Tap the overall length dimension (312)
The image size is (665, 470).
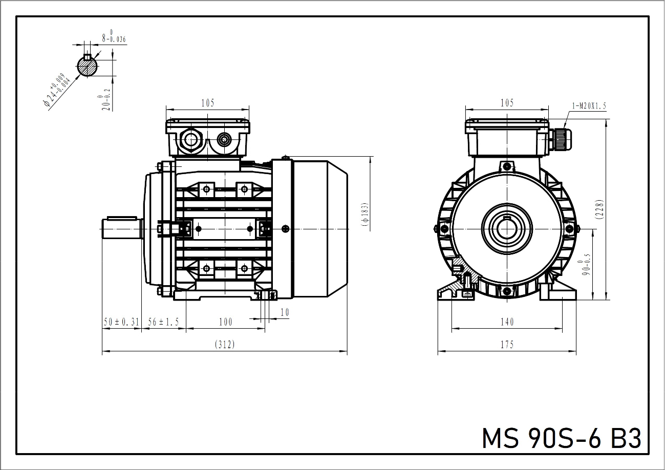click(x=225, y=344)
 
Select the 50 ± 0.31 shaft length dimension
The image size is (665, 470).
click(x=121, y=322)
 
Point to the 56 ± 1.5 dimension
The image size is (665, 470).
click(x=164, y=322)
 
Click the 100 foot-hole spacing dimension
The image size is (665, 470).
click(x=226, y=322)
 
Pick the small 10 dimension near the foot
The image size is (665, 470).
click(x=285, y=312)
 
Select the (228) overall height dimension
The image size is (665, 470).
click(x=599, y=209)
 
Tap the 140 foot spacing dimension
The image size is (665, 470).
click(x=507, y=322)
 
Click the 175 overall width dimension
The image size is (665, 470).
click(x=507, y=345)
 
